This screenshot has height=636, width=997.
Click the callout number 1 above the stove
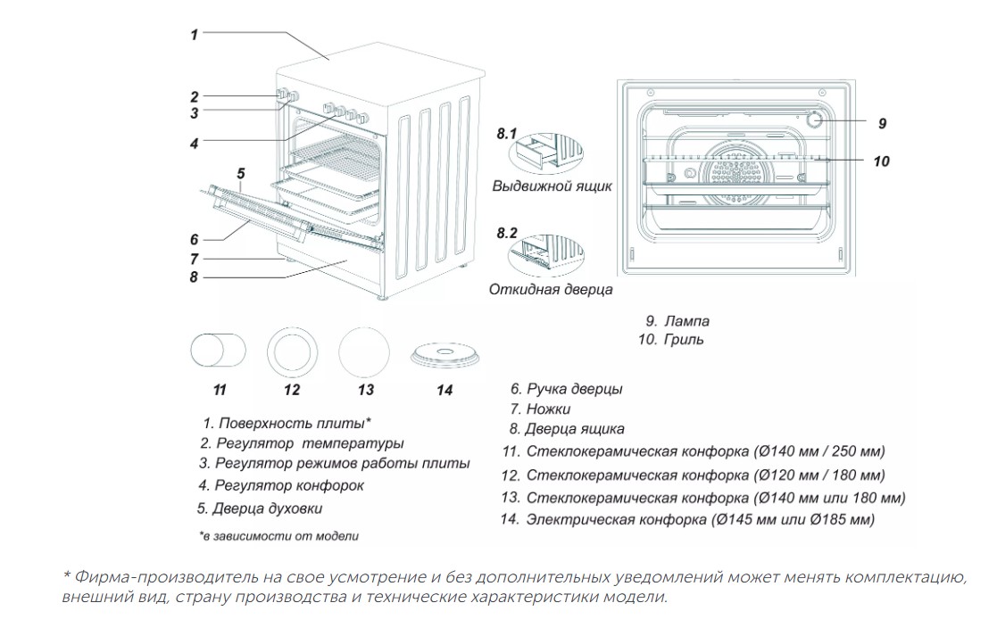[194, 35]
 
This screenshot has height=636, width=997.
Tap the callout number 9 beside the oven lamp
[882, 122]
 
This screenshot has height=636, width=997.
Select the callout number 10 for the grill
[881, 162]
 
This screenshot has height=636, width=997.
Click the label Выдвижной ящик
[552, 187]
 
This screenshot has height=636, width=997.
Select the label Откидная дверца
[551, 290]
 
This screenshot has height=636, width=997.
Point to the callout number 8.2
[506, 235]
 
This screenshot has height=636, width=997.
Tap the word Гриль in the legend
[684, 340]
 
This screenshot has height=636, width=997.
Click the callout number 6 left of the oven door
[194, 239]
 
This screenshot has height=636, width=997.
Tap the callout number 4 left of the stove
[194, 142]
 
